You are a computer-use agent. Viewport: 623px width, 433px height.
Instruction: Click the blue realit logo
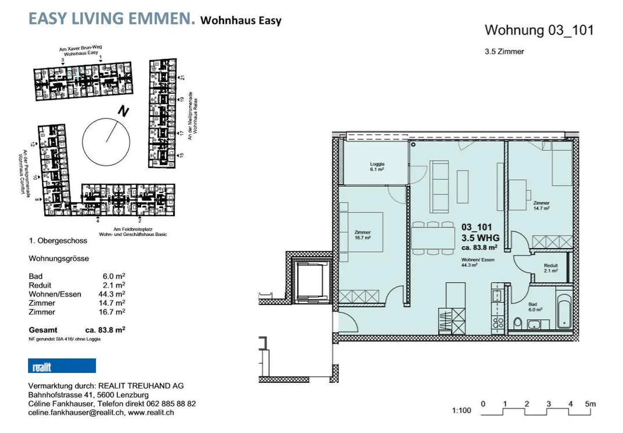click(x=62, y=366)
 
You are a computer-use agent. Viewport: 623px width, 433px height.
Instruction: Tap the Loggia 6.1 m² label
click(x=377, y=167)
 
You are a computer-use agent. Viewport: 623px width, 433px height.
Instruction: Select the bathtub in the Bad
click(x=564, y=311)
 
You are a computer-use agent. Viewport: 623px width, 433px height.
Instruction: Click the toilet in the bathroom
click(x=517, y=323)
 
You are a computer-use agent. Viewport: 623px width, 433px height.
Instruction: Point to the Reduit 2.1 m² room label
click(x=551, y=268)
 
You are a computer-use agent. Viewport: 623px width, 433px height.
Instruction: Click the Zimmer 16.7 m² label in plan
click(x=362, y=235)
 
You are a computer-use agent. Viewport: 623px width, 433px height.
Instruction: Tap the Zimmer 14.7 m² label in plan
click(x=541, y=205)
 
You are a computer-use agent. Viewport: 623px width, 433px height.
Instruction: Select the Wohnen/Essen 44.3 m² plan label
click(x=477, y=262)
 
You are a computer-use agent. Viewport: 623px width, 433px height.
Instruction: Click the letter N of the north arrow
click(x=123, y=111)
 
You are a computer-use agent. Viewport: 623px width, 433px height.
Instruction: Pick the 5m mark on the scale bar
click(x=590, y=404)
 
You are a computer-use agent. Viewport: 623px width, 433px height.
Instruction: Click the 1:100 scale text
click(x=461, y=410)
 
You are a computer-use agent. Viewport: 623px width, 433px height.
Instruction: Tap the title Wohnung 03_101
click(x=539, y=30)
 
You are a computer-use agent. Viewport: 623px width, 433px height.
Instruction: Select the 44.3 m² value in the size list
click(x=112, y=294)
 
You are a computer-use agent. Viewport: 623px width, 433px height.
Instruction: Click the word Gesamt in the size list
click(x=43, y=330)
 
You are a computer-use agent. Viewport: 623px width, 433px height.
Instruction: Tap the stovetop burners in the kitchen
click(x=498, y=322)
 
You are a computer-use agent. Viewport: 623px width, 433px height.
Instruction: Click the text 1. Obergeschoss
click(x=58, y=241)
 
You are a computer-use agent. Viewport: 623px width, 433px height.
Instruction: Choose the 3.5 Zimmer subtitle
click(x=504, y=52)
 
